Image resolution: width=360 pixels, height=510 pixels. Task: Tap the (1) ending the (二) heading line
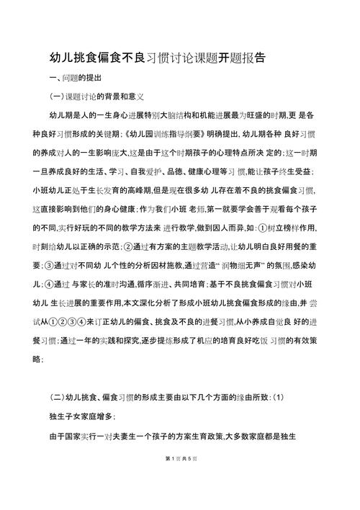278,398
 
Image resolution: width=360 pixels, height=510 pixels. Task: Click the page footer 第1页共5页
179,479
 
